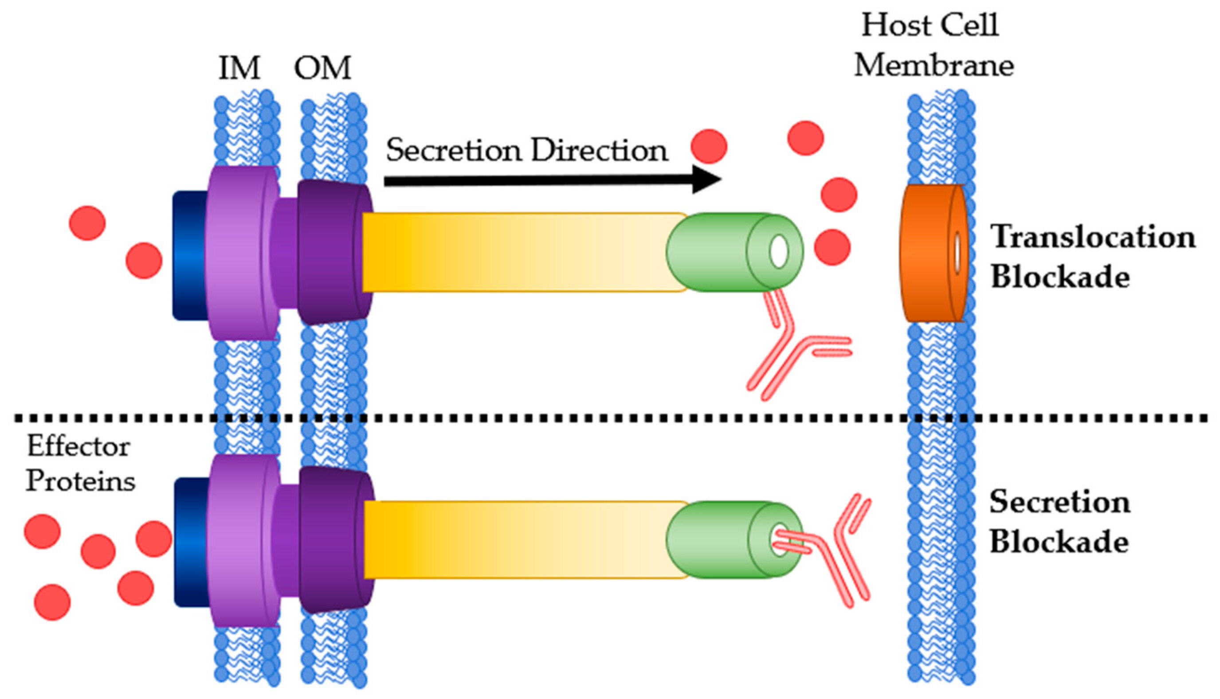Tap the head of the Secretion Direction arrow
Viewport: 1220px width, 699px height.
pos(706,180)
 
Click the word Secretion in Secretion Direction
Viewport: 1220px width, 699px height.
pos(453,150)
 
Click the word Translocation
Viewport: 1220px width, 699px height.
pos(1093,237)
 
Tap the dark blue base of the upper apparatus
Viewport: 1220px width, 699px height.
pos(189,255)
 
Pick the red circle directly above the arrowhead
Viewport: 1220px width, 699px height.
pos(709,146)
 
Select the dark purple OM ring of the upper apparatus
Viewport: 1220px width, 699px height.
pos(331,252)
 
